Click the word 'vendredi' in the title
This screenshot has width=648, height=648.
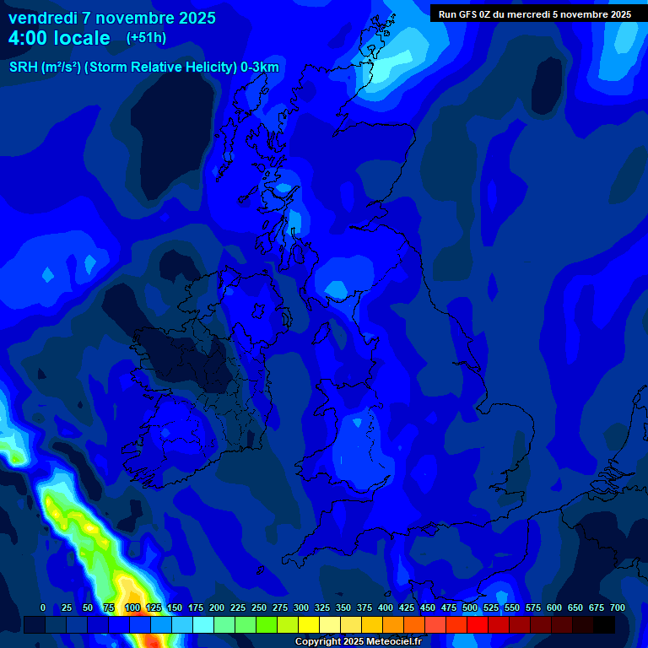click(x=44, y=18)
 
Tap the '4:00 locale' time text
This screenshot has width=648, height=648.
click(x=59, y=38)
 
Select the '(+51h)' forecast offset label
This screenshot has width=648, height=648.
click(x=146, y=38)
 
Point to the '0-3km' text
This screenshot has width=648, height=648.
click(x=259, y=67)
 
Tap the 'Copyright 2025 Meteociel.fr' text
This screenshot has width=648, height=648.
click(x=358, y=641)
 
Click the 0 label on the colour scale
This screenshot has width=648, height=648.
click(x=43, y=607)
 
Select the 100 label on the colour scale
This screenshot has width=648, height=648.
click(x=132, y=607)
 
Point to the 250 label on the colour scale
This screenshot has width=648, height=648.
click(x=259, y=607)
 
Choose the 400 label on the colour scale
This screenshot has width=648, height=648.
click(x=386, y=607)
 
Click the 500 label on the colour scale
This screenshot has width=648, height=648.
click(x=470, y=607)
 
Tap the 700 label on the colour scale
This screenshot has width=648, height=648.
click(x=617, y=607)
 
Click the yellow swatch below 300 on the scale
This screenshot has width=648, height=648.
click(x=309, y=624)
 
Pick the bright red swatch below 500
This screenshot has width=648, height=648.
click(x=478, y=624)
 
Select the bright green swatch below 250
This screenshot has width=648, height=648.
click(x=267, y=624)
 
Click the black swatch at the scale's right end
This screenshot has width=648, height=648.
click(x=604, y=624)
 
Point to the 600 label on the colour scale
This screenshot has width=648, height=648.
click(x=554, y=607)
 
